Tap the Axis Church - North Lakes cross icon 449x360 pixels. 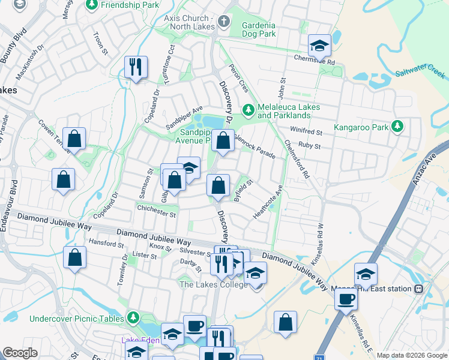(224, 22)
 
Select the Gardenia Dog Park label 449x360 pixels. (259, 29)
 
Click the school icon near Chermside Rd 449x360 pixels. (319, 45)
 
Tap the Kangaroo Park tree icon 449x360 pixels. (396, 127)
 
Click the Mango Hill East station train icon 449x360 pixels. (419, 289)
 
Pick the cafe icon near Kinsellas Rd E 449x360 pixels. (346, 299)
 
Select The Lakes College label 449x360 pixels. (213, 284)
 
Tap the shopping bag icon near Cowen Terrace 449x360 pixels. (74, 139)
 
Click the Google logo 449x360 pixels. (20, 353)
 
